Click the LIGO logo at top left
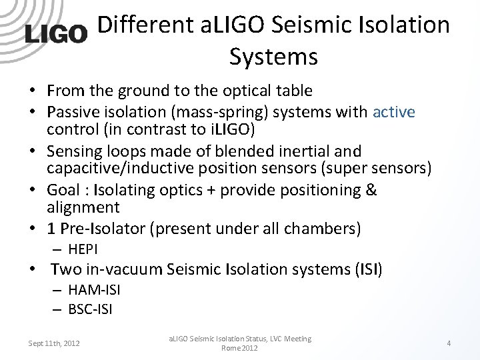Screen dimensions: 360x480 pyautogui.click(x=56, y=33)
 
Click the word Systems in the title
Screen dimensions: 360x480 pyautogui.click(x=273, y=57)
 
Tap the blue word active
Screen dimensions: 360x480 pyautogui.click(x=393, y=112)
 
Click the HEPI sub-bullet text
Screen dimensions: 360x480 pyautogui.click(x=83, y=249)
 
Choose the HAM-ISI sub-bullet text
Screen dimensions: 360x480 pyautogui.click(x=94, y=289)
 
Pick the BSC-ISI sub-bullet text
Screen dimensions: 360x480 pyautogui.click(x=90, y=309)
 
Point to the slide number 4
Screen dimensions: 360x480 pyautogui.click(x=449, y=343)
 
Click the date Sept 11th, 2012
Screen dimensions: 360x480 pyautogui.click(x=54, y=343)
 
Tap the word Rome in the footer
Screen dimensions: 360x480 pyautogui.click(x=231, y=348)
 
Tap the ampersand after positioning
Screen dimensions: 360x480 pyautogui.click(x=371, y=190)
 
